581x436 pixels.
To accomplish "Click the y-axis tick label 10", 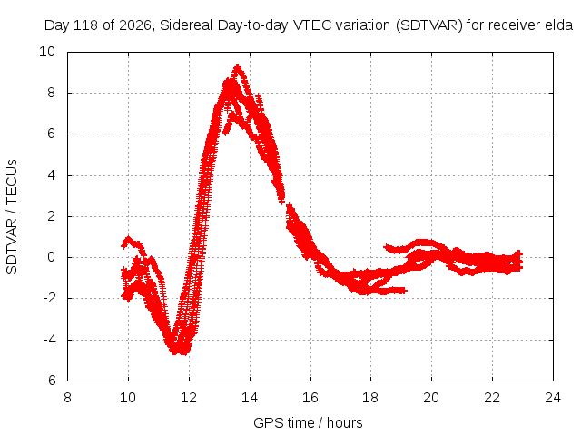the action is pos(47,52).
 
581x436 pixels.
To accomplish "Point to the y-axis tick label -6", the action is pos(49,381).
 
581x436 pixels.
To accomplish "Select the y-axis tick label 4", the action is pos(51,175).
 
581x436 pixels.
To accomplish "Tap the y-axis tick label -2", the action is pos(49,298).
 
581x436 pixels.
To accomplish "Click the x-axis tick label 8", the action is pos(67,398).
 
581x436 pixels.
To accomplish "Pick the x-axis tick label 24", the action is pos(553,398).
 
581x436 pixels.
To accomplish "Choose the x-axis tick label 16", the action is pos(310,398).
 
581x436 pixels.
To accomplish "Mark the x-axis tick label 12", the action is pos(189,398).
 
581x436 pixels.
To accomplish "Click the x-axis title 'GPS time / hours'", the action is pos(308,422).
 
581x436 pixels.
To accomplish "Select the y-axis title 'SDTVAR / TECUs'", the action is pos(12,217).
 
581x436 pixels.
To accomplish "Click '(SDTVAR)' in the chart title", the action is pos(429,25).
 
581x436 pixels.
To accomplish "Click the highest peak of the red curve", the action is pos(237,66).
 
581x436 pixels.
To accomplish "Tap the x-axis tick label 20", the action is pos(431,398).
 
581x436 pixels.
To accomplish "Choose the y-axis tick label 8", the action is pos(51,93).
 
